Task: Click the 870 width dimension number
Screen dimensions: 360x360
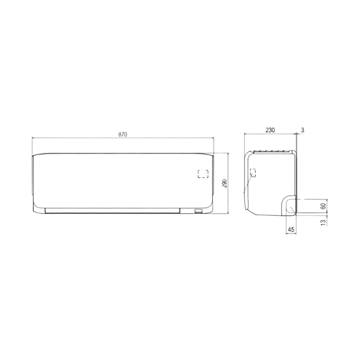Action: [x=123, y=135]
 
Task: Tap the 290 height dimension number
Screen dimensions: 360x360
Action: [x=225, y=184]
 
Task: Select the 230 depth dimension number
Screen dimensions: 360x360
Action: [x=270, y=130]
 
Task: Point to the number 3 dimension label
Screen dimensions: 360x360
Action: [x=303, y=130]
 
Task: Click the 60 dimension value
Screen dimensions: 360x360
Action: [x=323, y=206]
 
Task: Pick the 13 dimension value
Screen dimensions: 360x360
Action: [x=323, y=222]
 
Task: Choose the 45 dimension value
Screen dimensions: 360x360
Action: [x=291, y=229]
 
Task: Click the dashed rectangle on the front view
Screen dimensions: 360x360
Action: [x=203, y=174]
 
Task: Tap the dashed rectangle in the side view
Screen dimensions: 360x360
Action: [x=253, y=172]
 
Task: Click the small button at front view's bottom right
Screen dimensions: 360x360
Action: [x=199, y=211]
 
